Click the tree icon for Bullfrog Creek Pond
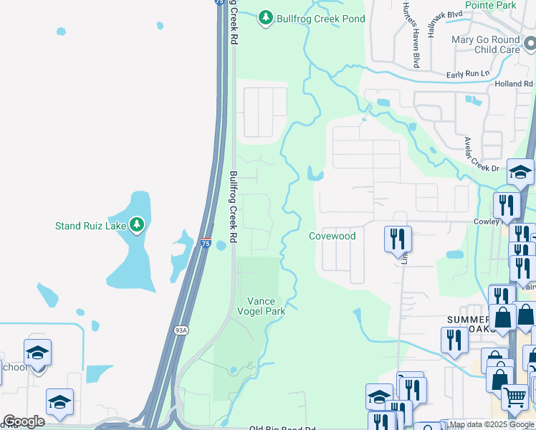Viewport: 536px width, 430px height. pos(267,17)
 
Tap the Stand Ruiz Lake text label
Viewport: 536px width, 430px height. pos(90,226)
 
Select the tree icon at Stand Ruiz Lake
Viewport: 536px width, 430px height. pos(136,226)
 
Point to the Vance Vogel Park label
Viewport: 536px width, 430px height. pos(266,306)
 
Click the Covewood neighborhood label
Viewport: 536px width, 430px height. pos(332,236)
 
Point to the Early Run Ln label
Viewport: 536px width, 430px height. pos(467,73)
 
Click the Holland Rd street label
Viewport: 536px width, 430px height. pos(515,84)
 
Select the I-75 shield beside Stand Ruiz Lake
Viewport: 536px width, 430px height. pos(206,244)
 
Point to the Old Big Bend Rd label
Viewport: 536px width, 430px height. pos(282,429)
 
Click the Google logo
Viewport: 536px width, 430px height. pos(24,421)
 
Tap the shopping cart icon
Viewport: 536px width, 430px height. pos(514,396)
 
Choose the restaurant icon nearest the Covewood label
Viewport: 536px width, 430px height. pos(397,238)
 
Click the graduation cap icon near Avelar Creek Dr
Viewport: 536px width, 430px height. pos(520,172)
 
